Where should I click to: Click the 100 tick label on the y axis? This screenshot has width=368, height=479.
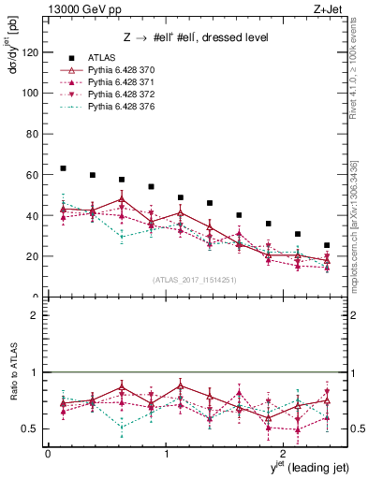tap(32, 94)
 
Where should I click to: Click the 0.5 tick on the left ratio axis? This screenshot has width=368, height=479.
tap(33, 428)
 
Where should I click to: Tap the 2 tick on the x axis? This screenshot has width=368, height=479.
tap(285, 453)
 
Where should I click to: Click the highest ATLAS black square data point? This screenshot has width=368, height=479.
tap(63, 168)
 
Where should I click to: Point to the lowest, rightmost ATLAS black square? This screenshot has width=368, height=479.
tap(327, 245)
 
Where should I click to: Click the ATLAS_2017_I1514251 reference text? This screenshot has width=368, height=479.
tap(194, 279)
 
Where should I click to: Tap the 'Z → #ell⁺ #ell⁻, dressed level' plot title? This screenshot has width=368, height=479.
tap(196, 37)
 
